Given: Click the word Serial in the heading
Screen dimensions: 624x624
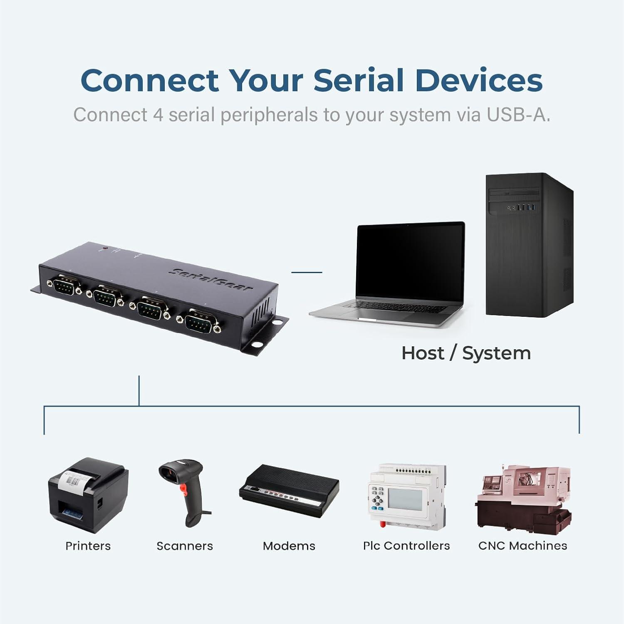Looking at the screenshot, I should (x=358, y=80).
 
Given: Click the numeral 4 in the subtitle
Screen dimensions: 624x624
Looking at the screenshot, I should (x=158, y=115).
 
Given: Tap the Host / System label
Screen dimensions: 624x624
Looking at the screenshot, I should (x=466, y=353).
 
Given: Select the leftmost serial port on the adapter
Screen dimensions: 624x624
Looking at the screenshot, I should (x=65, y=286).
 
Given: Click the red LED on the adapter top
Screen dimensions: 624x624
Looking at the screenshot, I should (x=105, y=248).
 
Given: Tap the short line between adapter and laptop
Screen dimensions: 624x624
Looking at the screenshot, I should (x=307, y=272).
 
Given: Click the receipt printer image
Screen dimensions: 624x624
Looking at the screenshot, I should (x=88, y=495).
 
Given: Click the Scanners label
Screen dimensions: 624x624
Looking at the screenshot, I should (x=185, y=546).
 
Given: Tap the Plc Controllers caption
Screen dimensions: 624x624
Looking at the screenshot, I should (x=406, y=546).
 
